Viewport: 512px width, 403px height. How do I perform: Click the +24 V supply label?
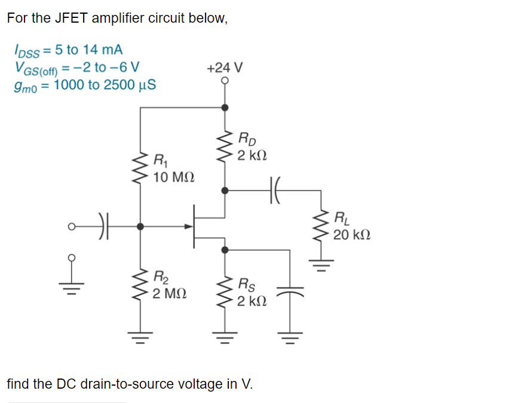[x=224, y=67]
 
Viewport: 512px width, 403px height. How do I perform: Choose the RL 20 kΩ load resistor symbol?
[x=322, y=227]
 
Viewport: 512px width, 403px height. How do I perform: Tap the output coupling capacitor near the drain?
[x=275, y=190]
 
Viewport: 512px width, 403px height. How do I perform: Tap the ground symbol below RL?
[x=322, y=263]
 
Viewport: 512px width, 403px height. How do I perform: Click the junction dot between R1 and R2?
[x=140, y=227]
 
